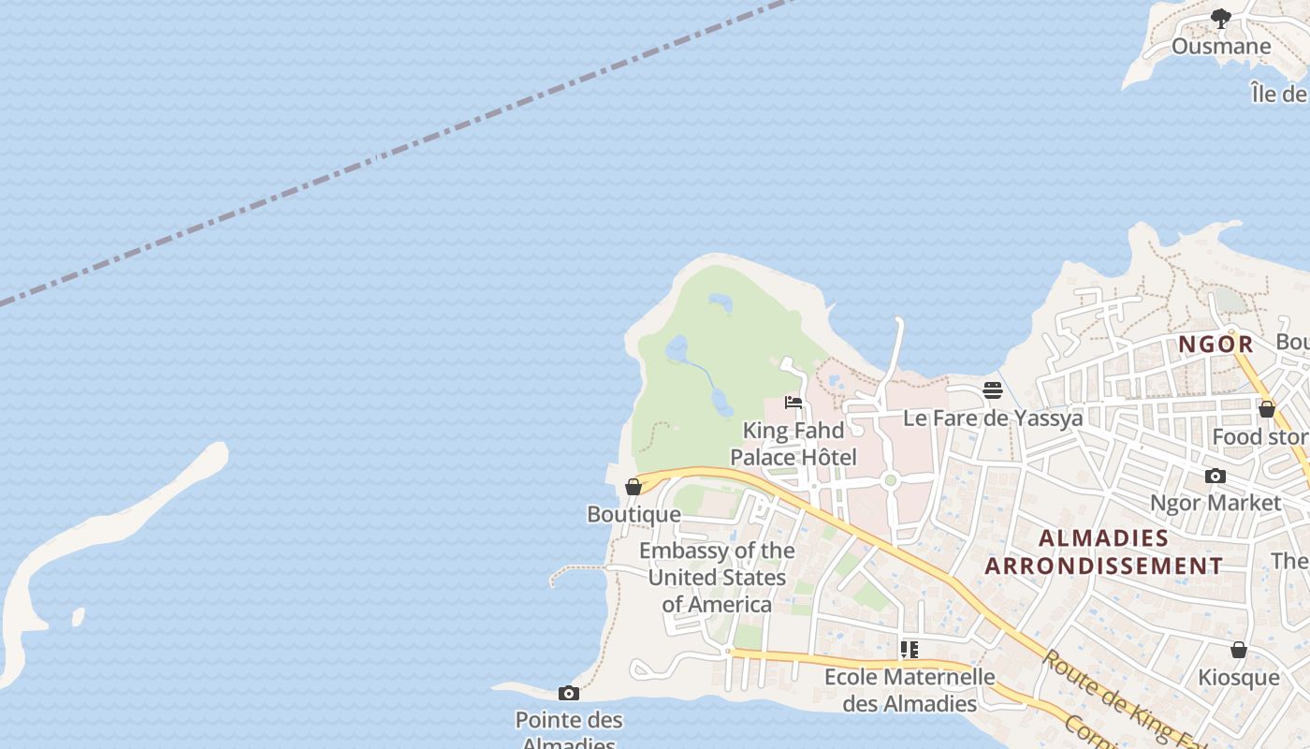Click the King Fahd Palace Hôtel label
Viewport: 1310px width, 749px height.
[793, 444]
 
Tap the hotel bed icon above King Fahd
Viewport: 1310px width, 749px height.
[793, 403]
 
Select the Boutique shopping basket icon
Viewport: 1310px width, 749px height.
[633, 487]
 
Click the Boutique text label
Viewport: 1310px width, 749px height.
[633, 514]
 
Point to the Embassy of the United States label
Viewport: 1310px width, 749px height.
[717, 577]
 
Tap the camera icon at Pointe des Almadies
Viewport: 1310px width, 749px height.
[568, 693]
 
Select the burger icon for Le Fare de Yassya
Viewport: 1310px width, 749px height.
[993, 390]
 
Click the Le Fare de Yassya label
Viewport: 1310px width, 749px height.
[993, 418]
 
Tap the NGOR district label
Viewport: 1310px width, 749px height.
[1215, 345]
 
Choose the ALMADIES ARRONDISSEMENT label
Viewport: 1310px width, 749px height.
[1104, 551]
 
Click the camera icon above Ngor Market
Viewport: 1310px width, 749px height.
[1215, 476]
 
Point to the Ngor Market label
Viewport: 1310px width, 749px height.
[1215, 503]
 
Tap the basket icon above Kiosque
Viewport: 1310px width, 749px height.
[1238, 650]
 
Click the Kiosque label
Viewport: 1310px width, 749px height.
[1238, 677]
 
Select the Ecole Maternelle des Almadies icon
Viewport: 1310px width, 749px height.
[909, 649]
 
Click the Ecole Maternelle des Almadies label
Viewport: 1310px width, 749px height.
[909, 689]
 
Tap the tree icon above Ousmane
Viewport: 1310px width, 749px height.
[1220, 18]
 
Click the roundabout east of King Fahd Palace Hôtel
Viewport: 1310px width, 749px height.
[890, 480]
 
